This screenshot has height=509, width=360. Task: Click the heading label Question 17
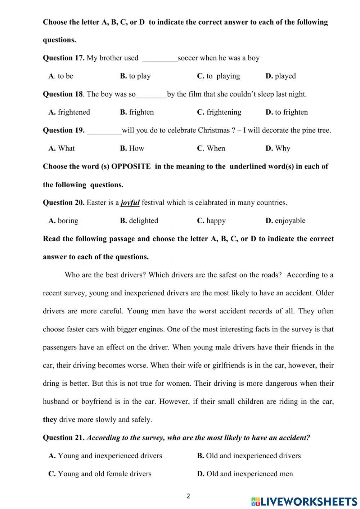[x=63, y=58]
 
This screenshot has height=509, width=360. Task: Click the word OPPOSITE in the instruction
[x=131, y=166]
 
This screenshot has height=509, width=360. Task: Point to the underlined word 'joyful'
[x=130, y=202]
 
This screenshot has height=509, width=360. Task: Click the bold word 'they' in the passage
[x=50, y=419]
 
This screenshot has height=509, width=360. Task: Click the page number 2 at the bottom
[x=188, y=496]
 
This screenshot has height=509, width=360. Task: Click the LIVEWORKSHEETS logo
[x=304, y=501]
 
